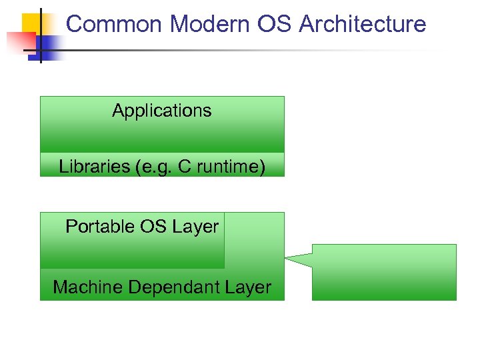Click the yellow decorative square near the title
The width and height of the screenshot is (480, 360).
(x=31, y=23)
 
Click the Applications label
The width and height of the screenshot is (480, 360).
(x=161, y=111)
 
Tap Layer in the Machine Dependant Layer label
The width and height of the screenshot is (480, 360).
(x=248, y=287)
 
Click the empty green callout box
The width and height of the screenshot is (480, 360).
(x=384, y=272)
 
